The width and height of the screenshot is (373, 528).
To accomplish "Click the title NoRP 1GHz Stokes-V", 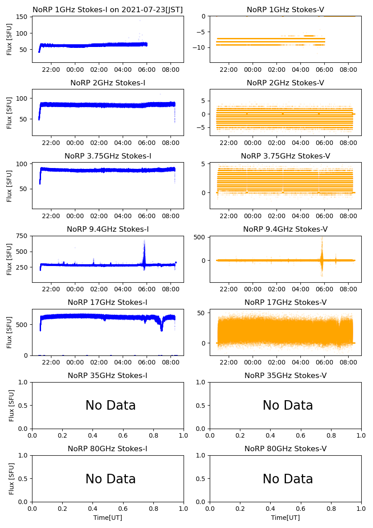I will click(x=285, y=9).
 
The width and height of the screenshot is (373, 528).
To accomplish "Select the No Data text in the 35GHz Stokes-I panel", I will click(x=111, y=406).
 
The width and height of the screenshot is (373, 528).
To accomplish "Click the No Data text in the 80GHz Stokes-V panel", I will click(x=288, y=479).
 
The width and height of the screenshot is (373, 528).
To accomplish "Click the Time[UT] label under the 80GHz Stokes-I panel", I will click(x=108, y=518).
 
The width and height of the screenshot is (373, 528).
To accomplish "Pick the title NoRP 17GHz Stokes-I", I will click(x=108, y=302).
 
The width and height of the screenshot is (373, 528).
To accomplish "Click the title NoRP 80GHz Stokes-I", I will click(x=108, y=449).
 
